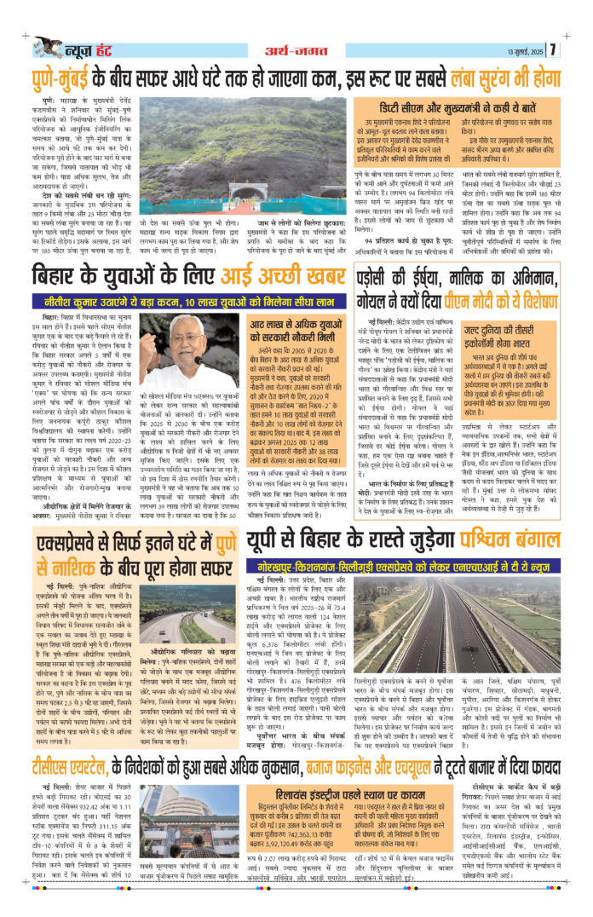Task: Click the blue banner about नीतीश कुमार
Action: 178,300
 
